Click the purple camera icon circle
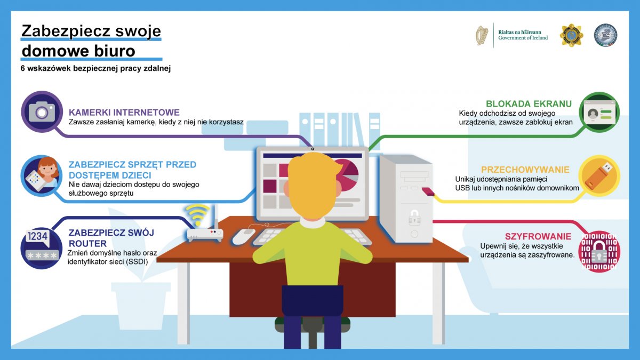click(42, 111)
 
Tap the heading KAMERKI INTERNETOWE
click(124, 112)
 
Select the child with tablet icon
click(42, 175)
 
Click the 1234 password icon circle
click(42, 247)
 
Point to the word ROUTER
click(87, 243)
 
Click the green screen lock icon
click(599, 113)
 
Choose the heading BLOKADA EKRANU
click(529, 103)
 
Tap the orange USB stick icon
click(599, 175)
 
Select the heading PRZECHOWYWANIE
click(525, 170)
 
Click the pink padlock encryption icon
click(599, 251)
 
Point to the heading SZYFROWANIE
click(538, 236)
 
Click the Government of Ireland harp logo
click(482, 35)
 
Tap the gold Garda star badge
click(571, 35)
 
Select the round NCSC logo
click(606, 35)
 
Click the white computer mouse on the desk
click(243, 237)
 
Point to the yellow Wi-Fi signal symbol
click(197, 214)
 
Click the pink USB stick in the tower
click(428, 191)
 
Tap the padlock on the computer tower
click(414, 217)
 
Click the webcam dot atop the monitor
click(313, 149)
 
